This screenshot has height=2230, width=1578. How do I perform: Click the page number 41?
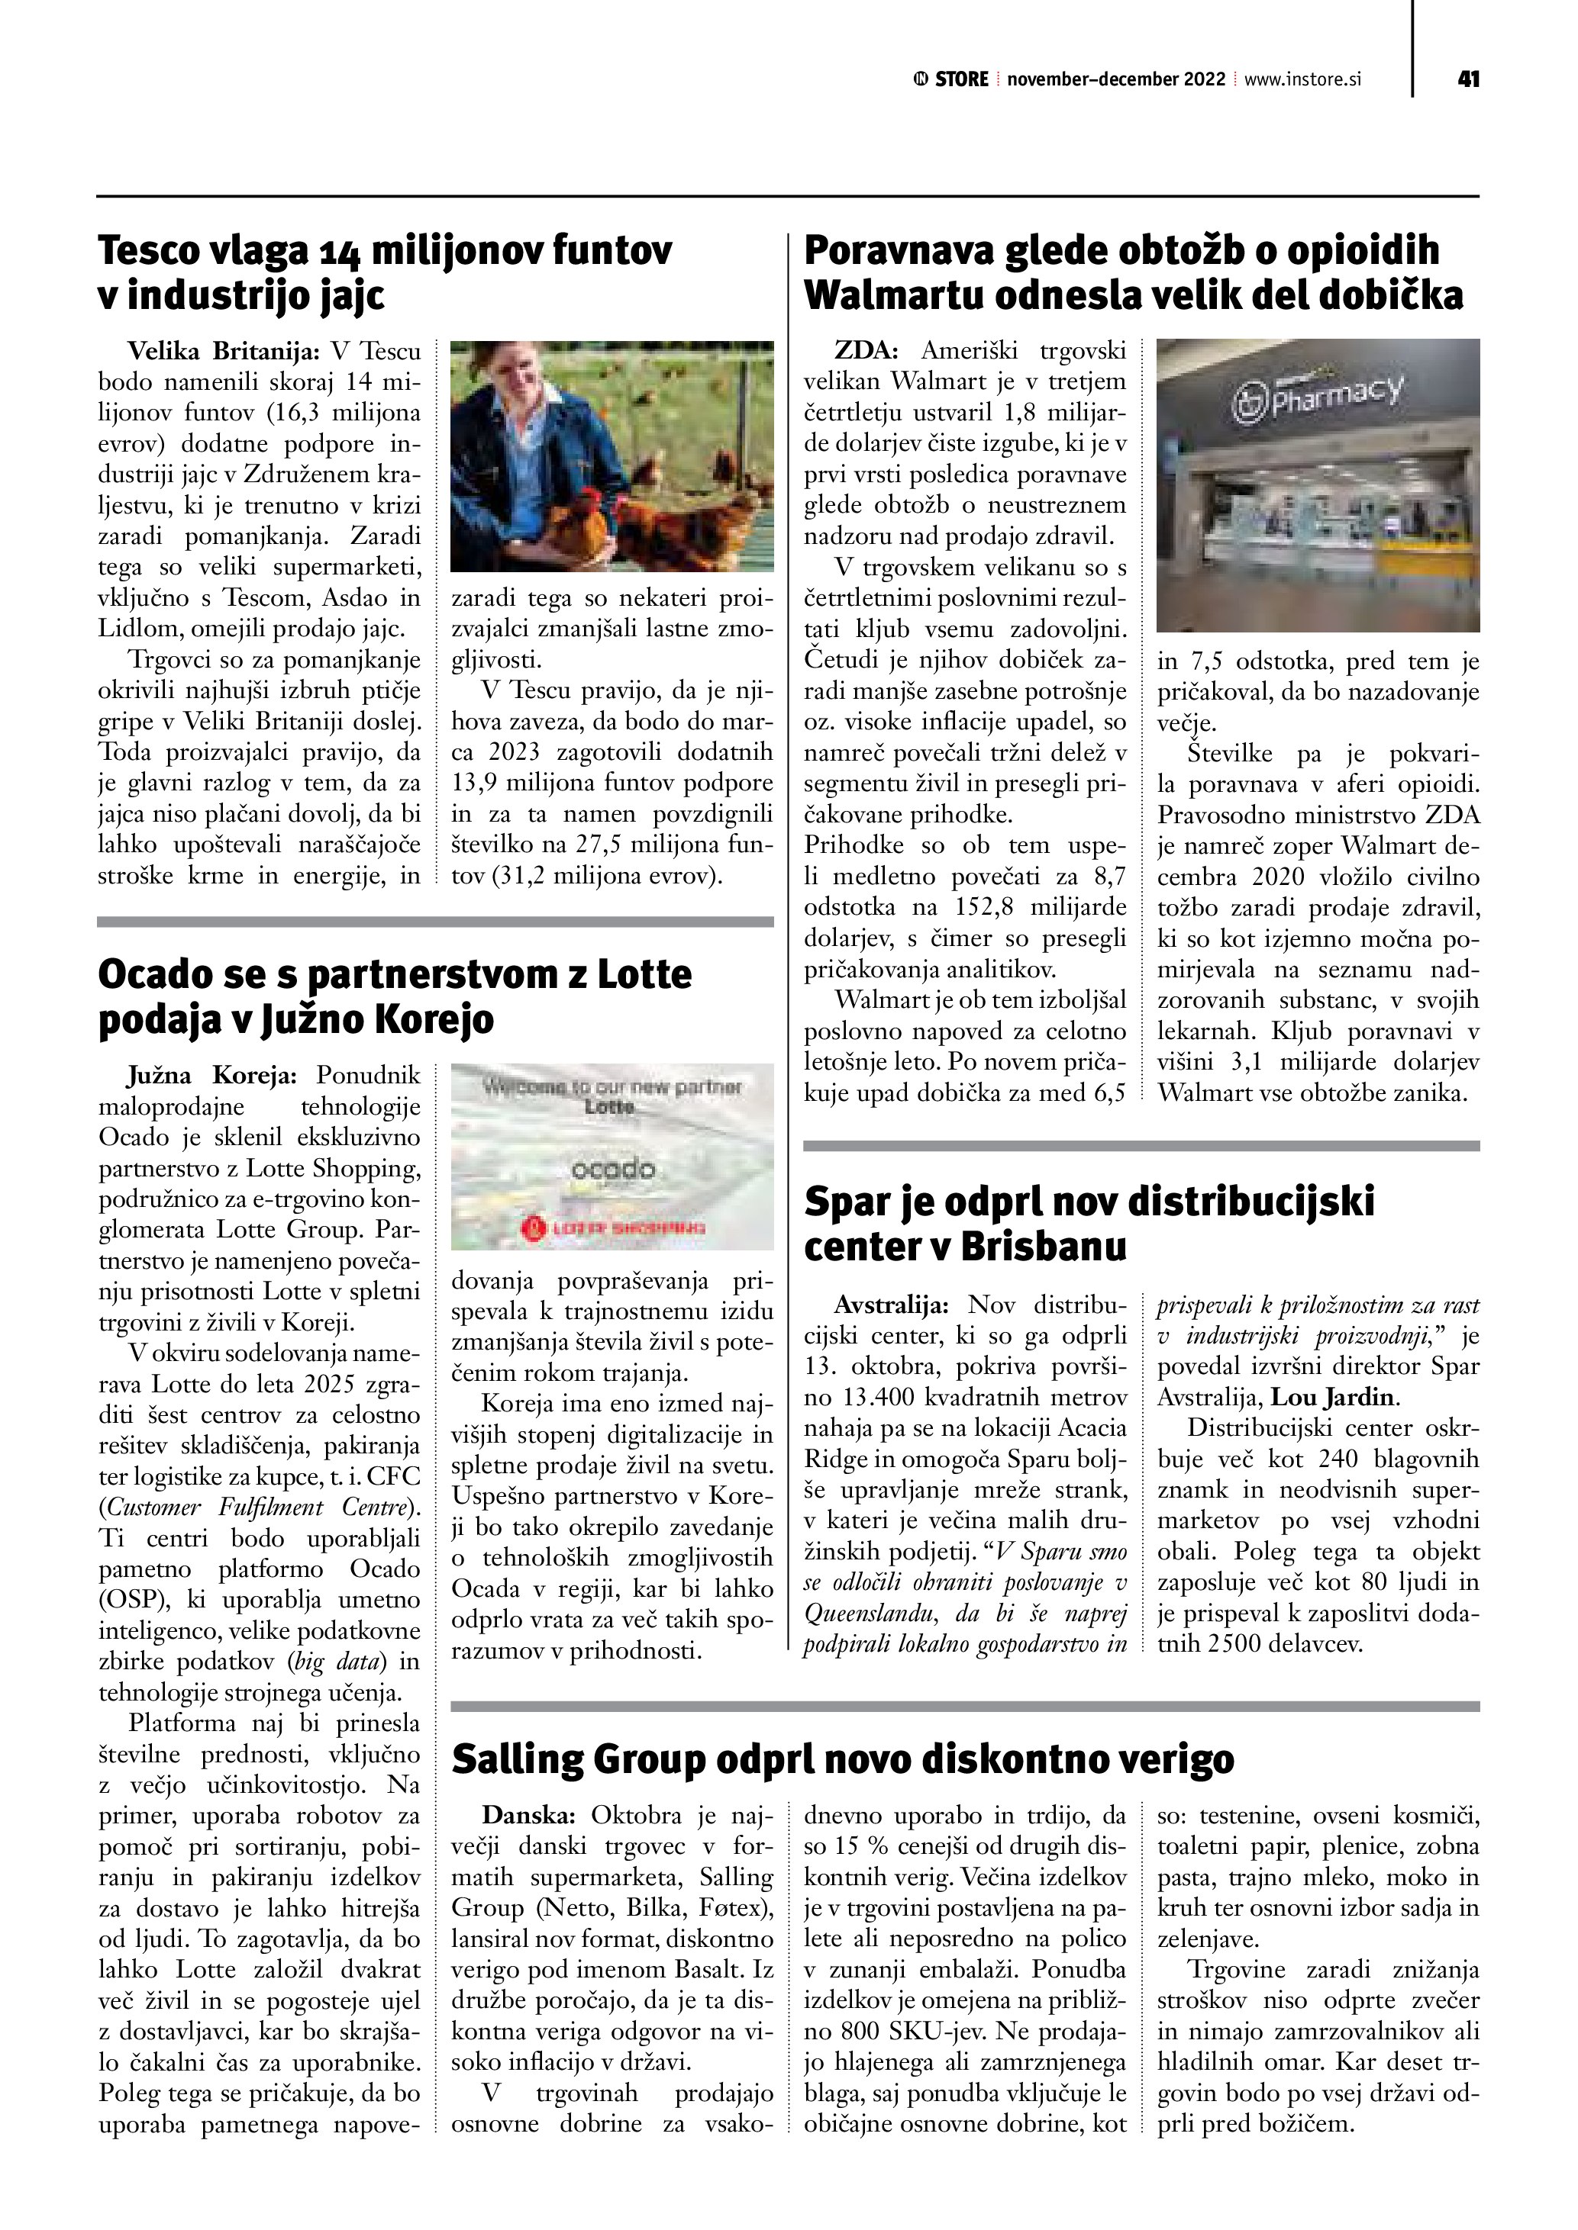click(x=1468, y=79)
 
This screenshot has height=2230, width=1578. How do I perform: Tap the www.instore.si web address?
click(x=1302, y=79)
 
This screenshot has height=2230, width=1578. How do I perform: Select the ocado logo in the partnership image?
click(x=612, y=1170)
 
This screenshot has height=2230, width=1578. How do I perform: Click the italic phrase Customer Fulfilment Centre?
click(x=257, y=1508)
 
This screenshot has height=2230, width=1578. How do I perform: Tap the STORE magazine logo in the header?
click(x=951, y=79)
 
